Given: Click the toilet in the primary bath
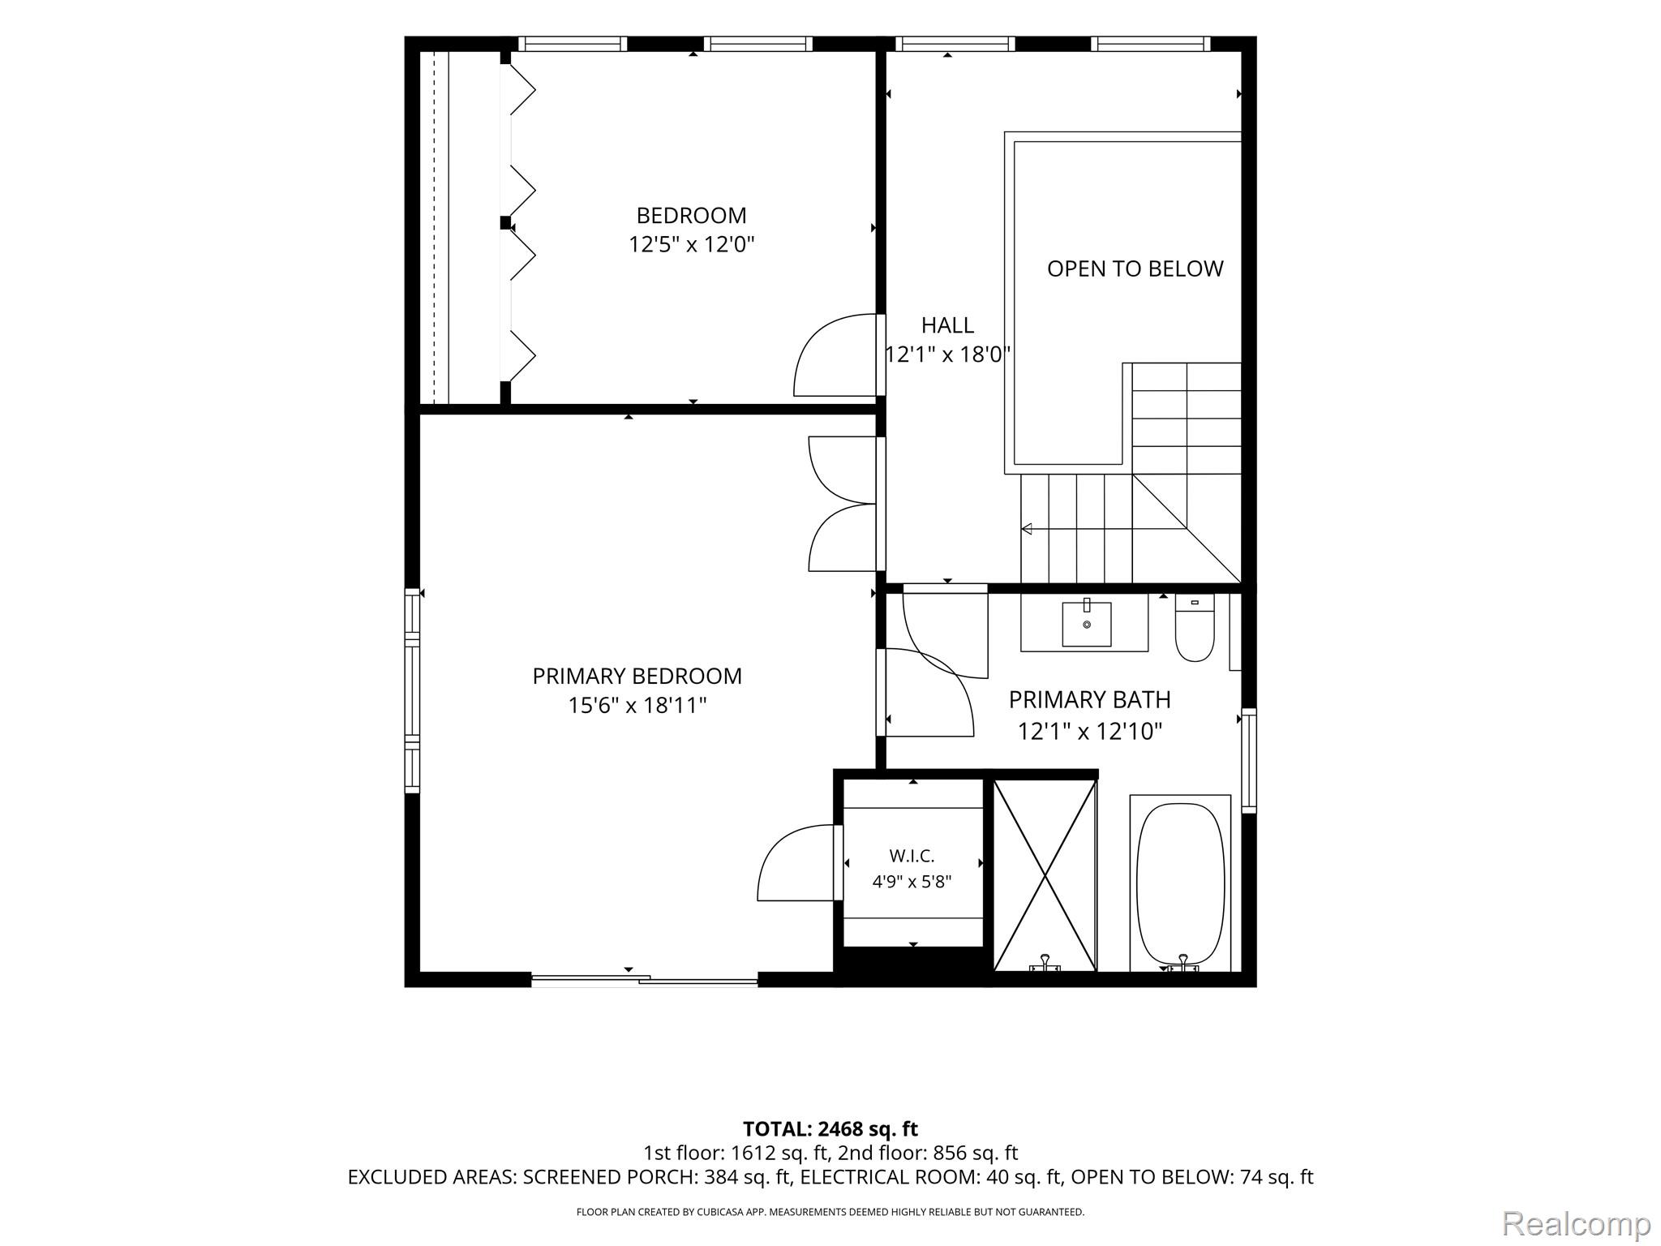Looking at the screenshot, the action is point(1195,629).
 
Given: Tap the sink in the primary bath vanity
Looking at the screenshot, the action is point(1086,623).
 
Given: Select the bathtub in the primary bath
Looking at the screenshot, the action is point(1180,883).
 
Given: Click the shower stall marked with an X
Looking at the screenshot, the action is point(1045,875).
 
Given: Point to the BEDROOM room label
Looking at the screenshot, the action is point(691,216).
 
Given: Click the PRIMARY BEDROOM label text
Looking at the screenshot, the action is point(637,676).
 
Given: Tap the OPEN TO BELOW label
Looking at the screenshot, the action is point(1135,269).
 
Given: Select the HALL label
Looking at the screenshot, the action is point(947,325).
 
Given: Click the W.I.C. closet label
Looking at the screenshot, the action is point(912,856).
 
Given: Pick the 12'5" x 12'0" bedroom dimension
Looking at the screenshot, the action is point(692,244).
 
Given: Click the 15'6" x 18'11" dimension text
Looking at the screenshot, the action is point(637,705).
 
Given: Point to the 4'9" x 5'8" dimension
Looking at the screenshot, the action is point(912,882).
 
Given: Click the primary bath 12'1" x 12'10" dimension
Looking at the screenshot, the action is point(1090,732).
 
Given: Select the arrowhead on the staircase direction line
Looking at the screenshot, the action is point(1027,529).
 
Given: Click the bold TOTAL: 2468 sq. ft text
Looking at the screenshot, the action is point(830,1128).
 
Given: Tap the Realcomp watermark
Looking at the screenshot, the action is point(1576,1224).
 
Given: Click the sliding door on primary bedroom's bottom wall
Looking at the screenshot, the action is point(644,980).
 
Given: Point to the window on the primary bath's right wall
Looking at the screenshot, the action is point(1249,761).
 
